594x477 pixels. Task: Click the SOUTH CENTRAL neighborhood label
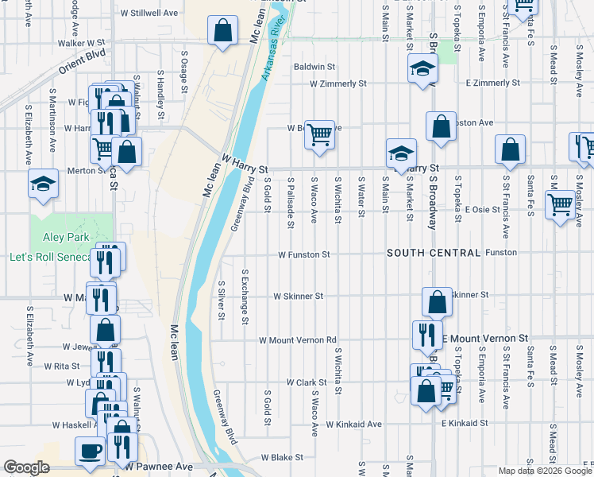pyautogui.click(x=434, y=253)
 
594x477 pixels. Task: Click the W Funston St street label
pyautogui.click(x=303, y=255)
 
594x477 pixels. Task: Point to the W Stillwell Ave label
pyautogui.click(x=148, y=14)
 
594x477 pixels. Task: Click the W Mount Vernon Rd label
pyautogui.click(x=298, y=339)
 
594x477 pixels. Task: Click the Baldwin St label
pyautogui.click(x=314, y=67)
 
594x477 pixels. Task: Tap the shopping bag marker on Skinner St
pyautogui.click(x=437, y=301)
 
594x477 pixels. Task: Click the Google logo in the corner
pyautogui.click(x=26, y=467)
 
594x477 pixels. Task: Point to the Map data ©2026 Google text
pyautogui.click(x=545, y=471)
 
